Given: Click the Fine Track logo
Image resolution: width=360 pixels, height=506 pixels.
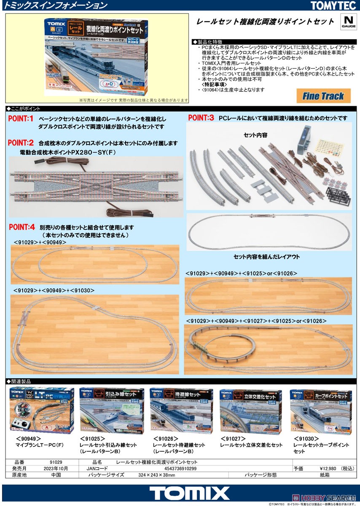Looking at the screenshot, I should click(323, 96).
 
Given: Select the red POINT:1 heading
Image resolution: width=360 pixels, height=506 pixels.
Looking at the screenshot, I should click(21, 119).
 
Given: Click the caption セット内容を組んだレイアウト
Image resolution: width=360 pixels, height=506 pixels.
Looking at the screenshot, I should click(266, 256).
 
